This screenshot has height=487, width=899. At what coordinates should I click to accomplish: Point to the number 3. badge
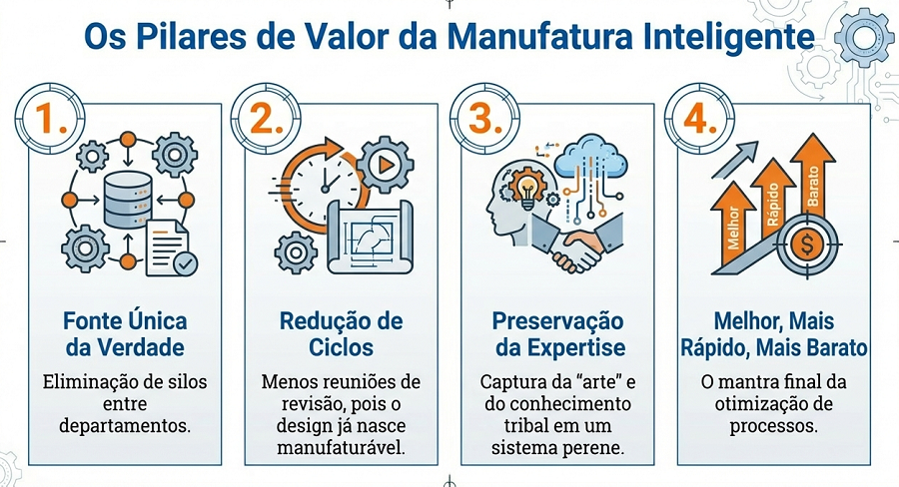tap(484, 119)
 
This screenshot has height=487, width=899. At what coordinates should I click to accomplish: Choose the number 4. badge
tap(700, 119)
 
